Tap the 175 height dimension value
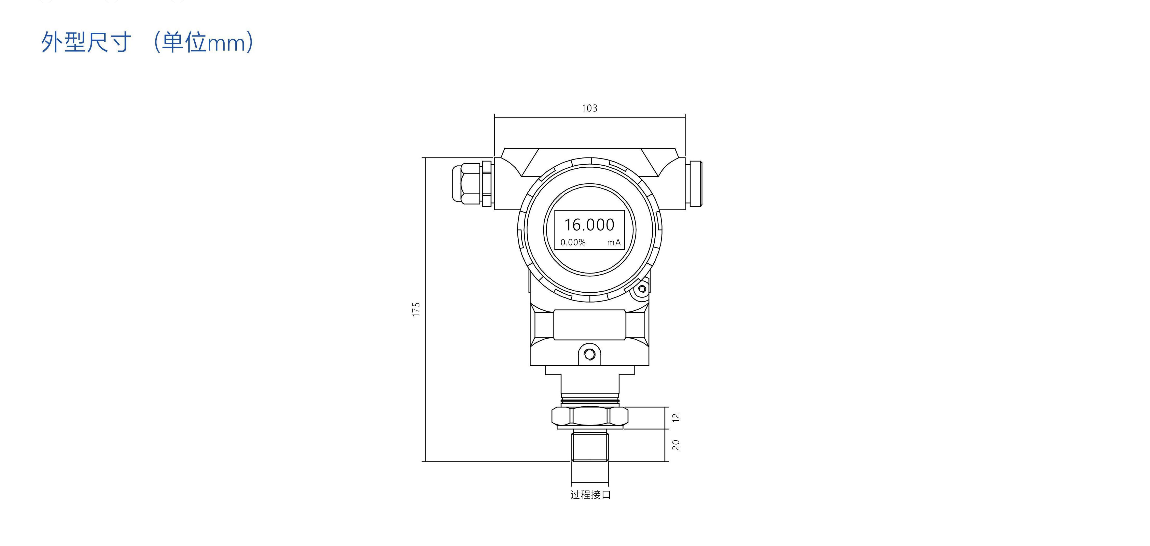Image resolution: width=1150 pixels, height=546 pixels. point(416,309)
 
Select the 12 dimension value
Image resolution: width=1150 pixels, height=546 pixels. point(676,417)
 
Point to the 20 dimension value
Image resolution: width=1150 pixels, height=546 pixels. point(676,445)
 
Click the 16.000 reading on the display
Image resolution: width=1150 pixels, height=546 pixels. point(589,225)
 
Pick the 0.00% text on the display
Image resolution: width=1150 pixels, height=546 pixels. point(573,242)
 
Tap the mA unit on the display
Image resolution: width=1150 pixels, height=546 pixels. point(614,242)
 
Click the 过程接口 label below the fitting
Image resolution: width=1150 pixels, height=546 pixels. point(590,495)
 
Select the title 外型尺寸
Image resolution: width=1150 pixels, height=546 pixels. point(86,42)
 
